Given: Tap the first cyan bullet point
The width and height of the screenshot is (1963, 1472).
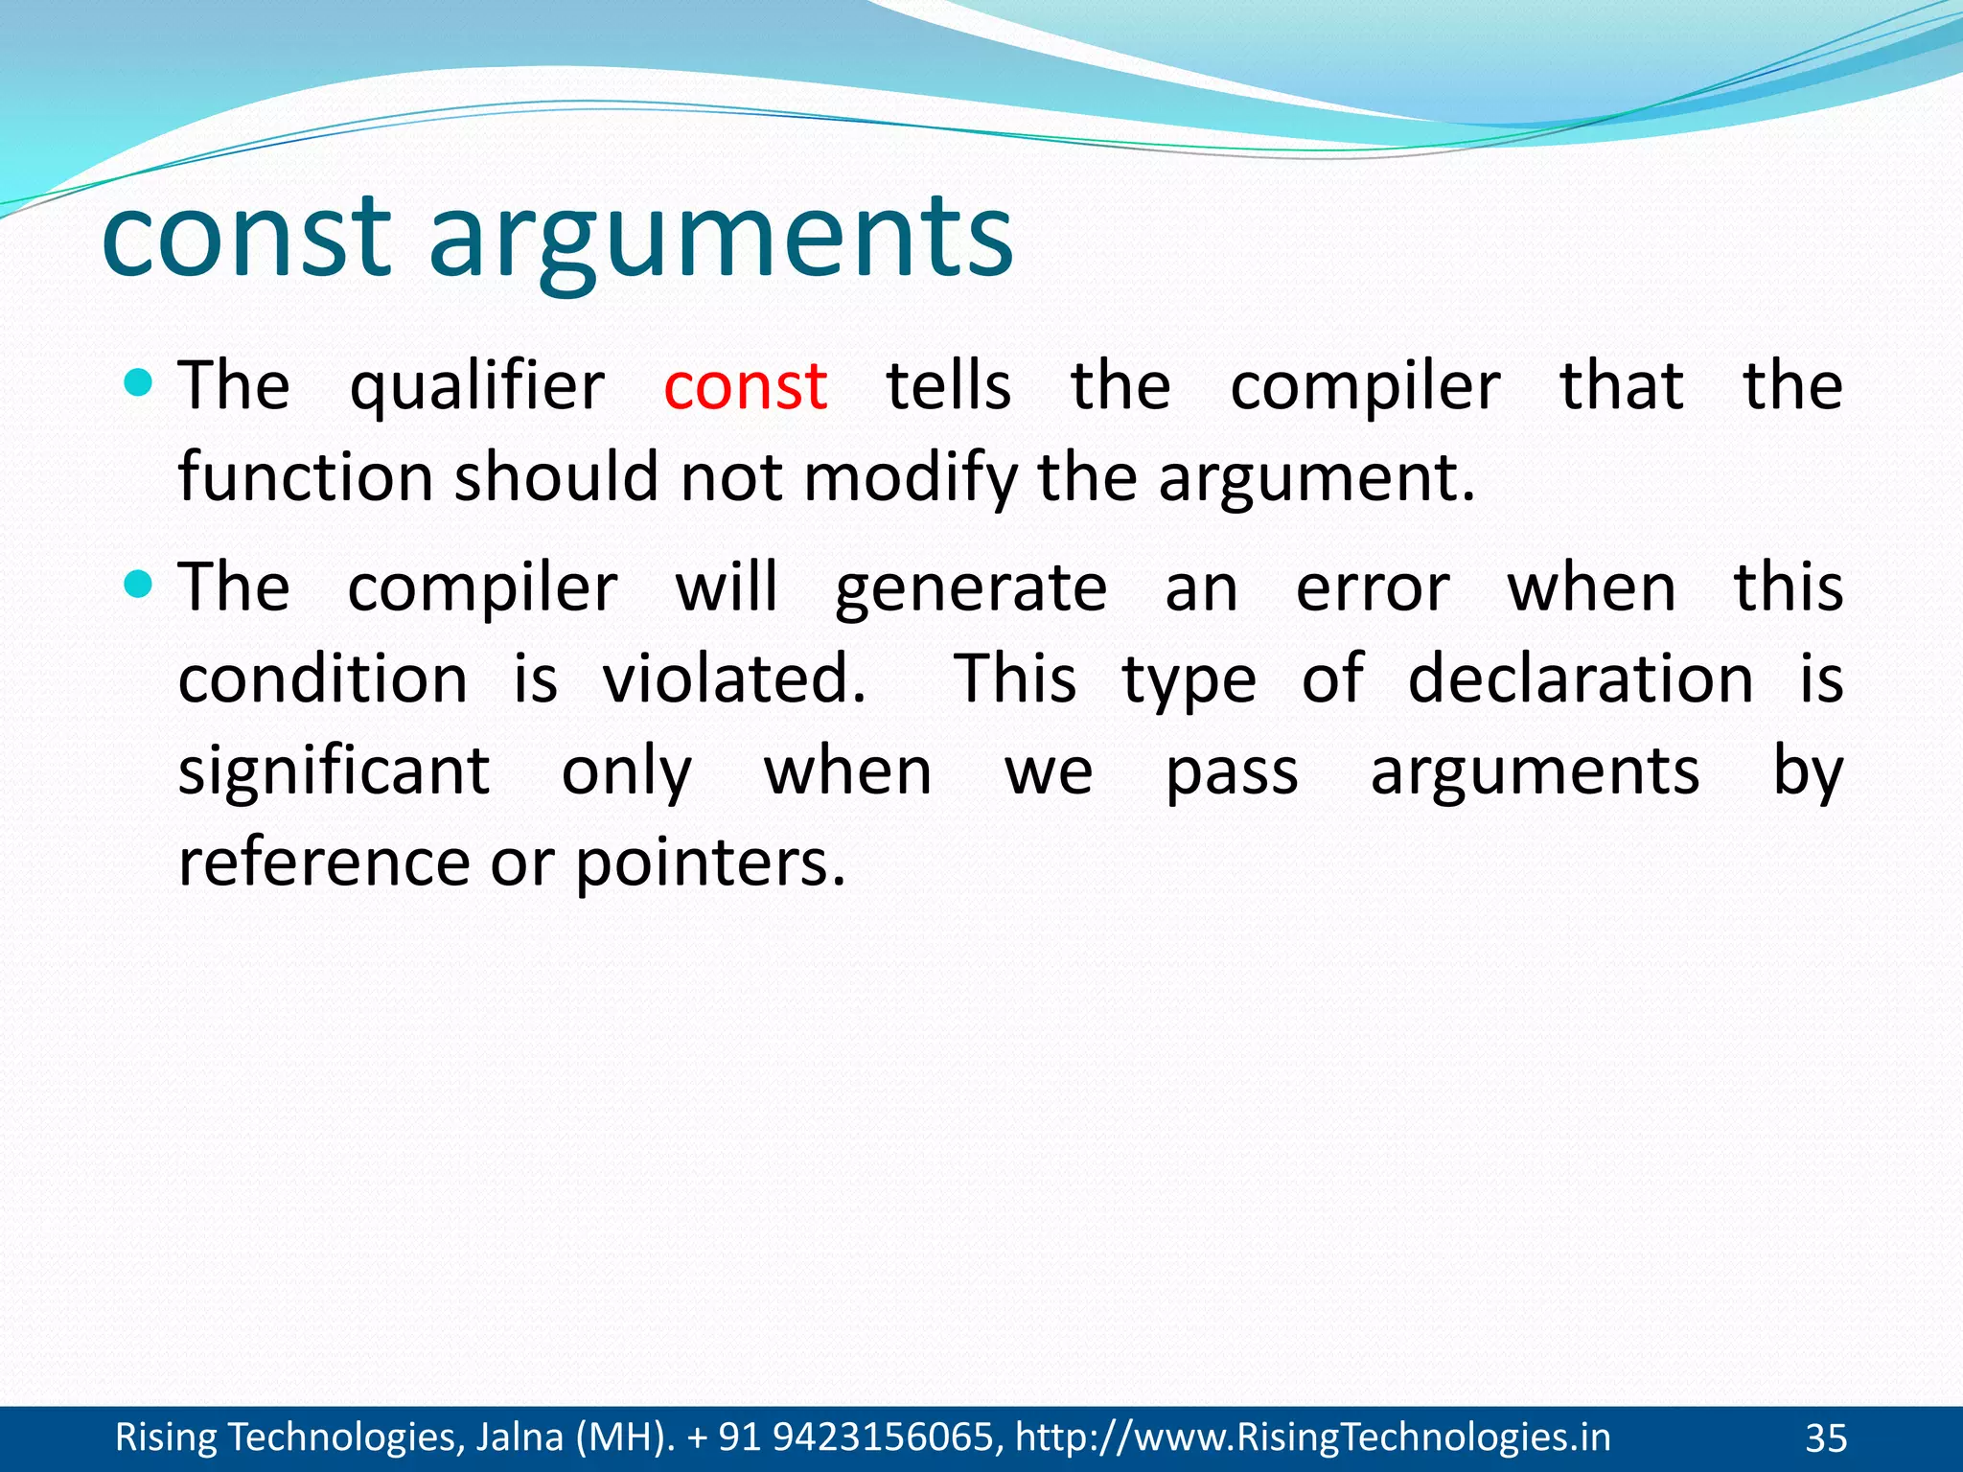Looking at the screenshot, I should pyautogui.click(x=139, y=384).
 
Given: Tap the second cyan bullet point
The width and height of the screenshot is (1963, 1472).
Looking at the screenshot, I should pyautogui.click(x=139, y=584).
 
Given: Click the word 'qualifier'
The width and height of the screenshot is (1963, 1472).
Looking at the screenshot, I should pyautogui.click(x=476, y=387).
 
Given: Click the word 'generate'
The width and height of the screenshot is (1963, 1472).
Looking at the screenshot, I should pyautogui.click(x=970, y=588).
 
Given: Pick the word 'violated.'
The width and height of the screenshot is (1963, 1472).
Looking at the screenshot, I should pyautogui.click(x=734, y=678).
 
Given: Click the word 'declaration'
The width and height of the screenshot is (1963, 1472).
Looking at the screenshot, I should pyautogui.click(x=1580, y=678).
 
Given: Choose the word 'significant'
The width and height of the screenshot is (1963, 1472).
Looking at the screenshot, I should pyautogui.click(x=334, y=771).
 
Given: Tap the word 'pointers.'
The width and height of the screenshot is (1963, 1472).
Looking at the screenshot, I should pyautogui.click(x=710, y=863).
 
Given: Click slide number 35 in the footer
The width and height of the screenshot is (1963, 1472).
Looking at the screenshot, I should pyautogui.click(x=1826, y=1438).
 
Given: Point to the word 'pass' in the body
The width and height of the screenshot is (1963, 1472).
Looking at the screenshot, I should pyautogui.click(x=1232, y=771).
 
